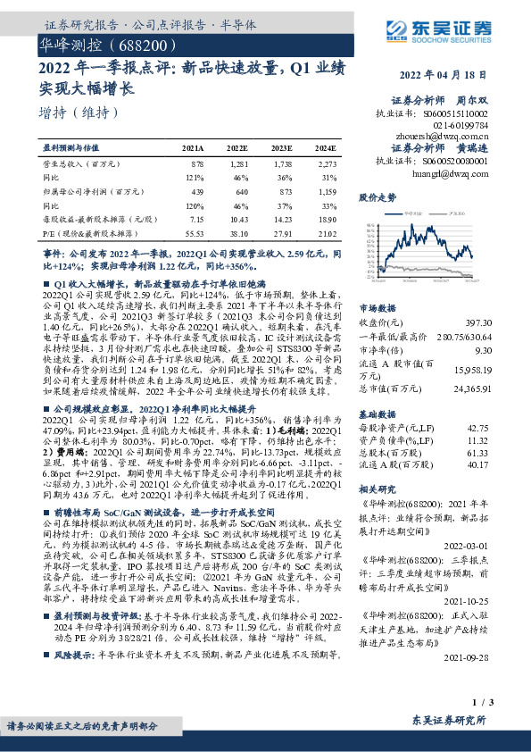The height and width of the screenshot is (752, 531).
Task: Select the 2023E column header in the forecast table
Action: [x=281, y=148]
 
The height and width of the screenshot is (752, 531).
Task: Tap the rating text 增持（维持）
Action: [x=80, y=113]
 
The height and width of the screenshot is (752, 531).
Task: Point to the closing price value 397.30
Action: [x=473, y=322]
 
